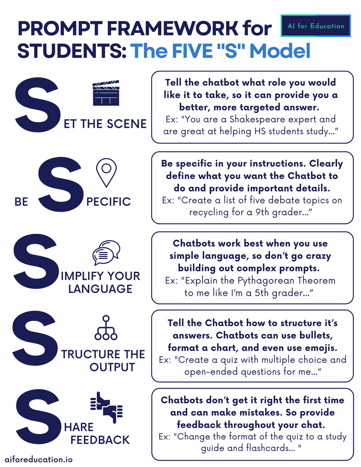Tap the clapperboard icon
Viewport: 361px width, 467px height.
click(x=105, y=94)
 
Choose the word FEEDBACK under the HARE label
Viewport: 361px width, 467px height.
click(x=100, y=440)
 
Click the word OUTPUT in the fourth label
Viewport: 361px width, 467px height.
click(x=112, y=367)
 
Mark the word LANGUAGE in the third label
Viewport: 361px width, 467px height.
click(x=100, y=289)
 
